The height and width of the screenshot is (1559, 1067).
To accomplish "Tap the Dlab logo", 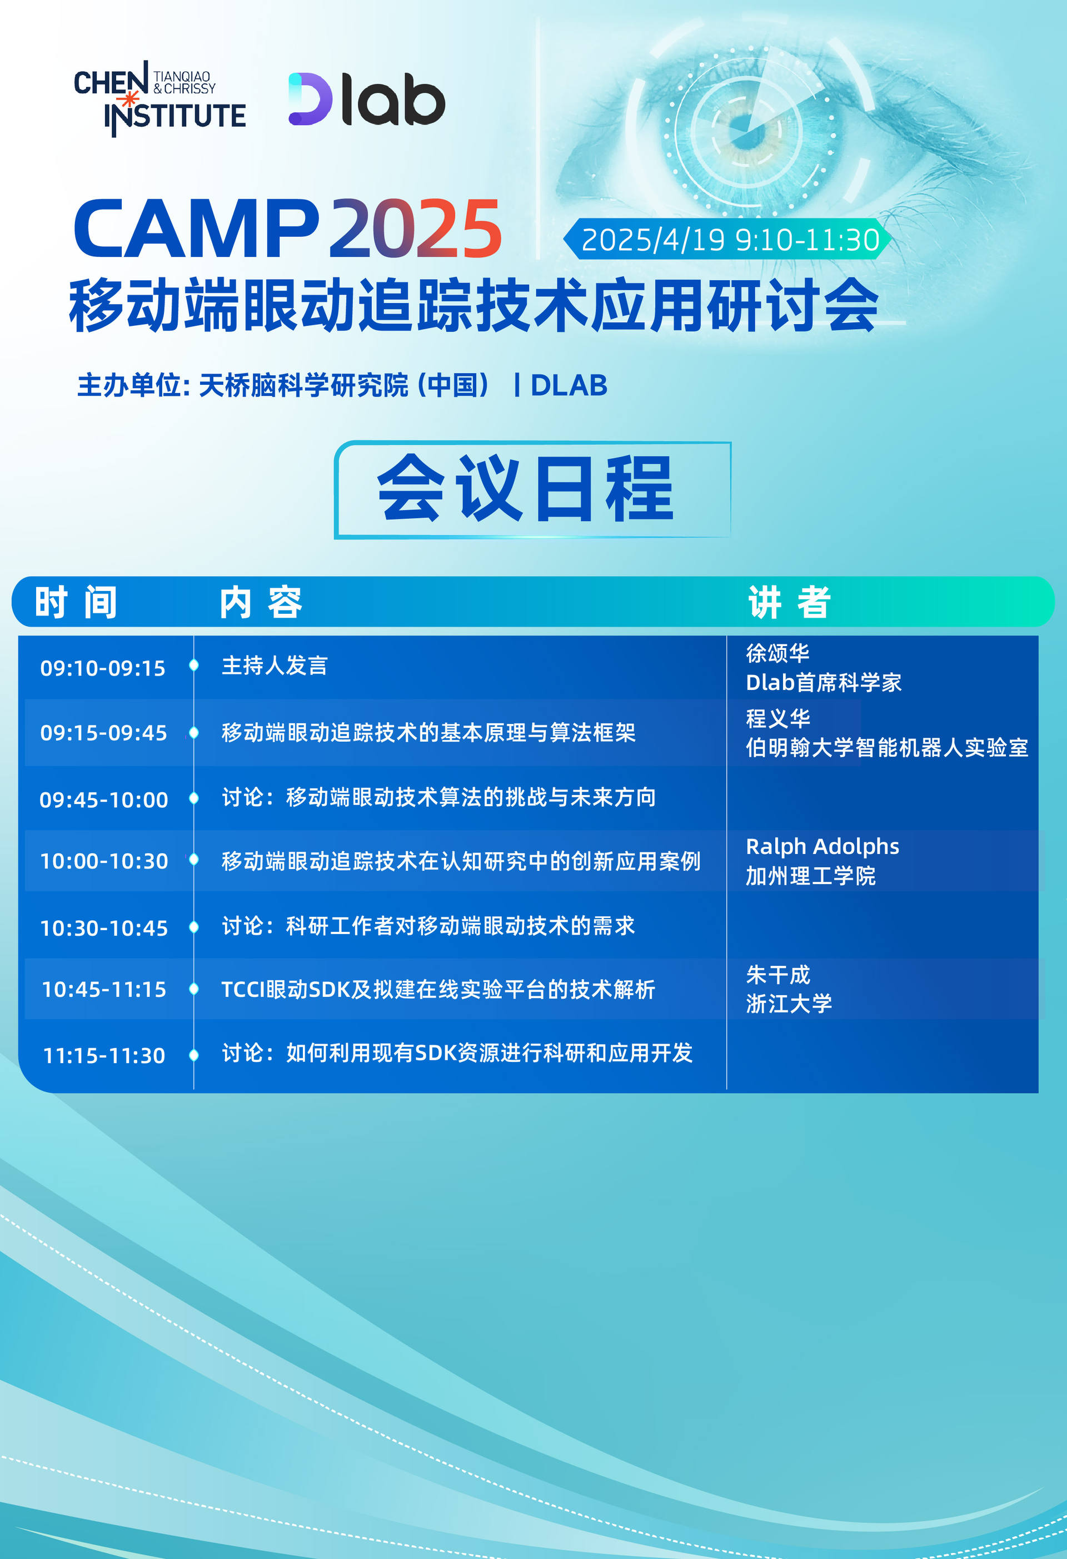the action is click(x=367, y=100).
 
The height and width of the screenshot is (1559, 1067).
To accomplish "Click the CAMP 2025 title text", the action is click(x=288, y=229).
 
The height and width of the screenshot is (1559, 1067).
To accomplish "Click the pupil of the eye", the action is click(x=741, y=124).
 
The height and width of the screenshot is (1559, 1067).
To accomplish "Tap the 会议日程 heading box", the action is click(x=532, y=490).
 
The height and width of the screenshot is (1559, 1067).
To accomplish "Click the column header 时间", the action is click(x=76, y=602).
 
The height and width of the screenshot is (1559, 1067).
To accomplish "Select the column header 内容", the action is click(x=261, y=602).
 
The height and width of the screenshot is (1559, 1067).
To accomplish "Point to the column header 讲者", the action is click(x=789, y=602).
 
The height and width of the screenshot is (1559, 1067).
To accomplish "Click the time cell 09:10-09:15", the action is click(x=103, y=668).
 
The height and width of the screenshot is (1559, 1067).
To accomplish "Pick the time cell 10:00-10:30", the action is click(x=104, y=861).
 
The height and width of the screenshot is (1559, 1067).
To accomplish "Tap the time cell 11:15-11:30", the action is click(x=104, y=1055).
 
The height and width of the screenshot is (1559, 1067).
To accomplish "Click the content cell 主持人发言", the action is click(x=275, y=666).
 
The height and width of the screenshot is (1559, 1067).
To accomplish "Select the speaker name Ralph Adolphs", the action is click(x=822, y=847).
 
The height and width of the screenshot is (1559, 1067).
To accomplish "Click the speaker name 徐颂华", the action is click(x=777, y=653).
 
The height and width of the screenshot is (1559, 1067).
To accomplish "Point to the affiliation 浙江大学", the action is click(x=789, y=1004).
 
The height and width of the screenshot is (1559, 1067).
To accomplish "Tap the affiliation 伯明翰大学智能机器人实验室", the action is click(x=886, y=747).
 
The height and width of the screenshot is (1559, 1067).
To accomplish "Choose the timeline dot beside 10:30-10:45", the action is click(x=194, y=927).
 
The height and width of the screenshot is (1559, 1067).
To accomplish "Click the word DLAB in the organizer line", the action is click(x=569, y=386).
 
